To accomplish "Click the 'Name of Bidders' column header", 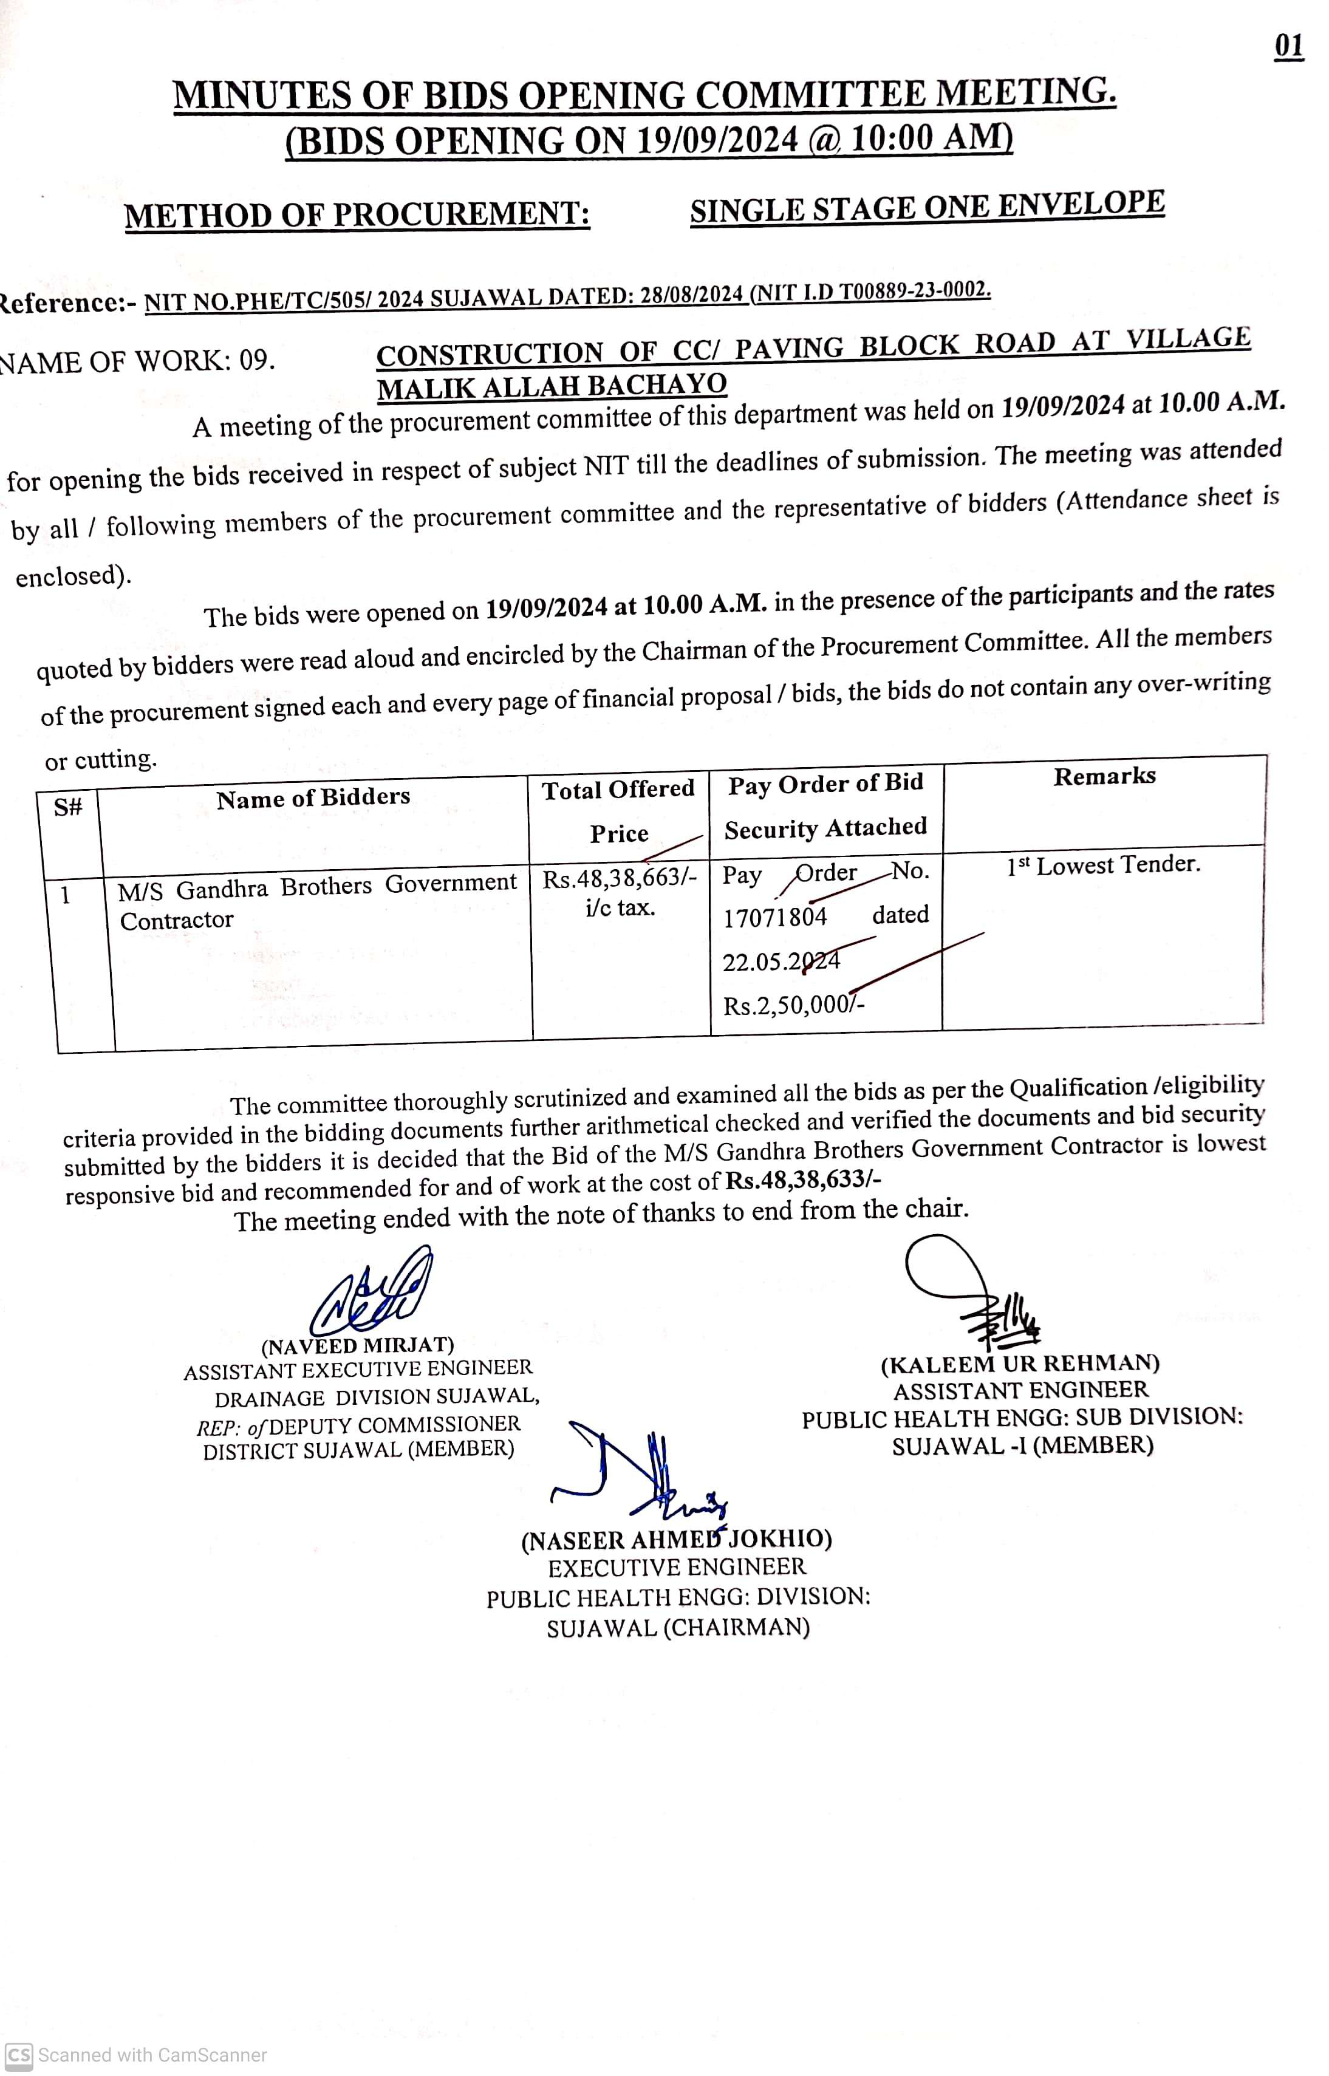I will point(313,798).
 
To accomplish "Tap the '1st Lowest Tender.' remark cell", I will point(1103,866).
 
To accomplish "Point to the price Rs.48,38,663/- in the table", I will point(619,879).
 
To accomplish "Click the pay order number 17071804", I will point(775,917).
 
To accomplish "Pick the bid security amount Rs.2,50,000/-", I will point(793,1005).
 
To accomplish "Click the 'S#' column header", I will point(68,808).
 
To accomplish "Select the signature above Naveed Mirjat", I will point(372,1294).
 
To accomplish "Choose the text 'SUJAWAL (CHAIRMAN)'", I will point(678,1628).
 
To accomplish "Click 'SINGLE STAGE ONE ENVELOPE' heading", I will point(927,208).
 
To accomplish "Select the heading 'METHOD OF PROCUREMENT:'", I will point(357,215).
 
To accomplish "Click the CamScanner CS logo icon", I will point(19,2055).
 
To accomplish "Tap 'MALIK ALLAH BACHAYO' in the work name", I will point(552,386).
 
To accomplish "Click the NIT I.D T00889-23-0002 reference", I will point(872,291).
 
